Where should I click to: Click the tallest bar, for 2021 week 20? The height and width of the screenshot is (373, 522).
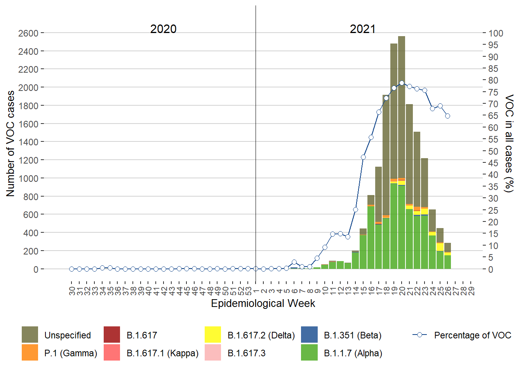click(402, 155)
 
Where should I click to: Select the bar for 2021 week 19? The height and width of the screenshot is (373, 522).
click(394, 155)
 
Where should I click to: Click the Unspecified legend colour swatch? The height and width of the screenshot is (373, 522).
click(30, 335)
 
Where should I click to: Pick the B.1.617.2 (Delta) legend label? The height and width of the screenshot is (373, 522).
click(261, 335)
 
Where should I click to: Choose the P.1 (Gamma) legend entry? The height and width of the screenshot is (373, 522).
click(71, 353)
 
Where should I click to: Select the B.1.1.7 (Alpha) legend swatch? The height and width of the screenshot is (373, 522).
click(309, 353)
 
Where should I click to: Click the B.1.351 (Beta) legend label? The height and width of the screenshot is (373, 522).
click(353, 335)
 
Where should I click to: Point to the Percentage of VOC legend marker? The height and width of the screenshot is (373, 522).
click(419, 335)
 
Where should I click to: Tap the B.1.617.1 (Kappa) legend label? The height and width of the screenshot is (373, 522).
click(162, 353)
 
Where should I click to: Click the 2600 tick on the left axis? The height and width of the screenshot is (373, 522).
click(28, 33)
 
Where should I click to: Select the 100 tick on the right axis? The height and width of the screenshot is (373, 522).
click(496, 33)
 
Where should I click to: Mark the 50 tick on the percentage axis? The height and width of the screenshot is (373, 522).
click(493, 152)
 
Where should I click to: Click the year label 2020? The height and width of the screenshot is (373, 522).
click(163, 29)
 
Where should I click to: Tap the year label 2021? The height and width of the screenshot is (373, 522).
click(362, 29)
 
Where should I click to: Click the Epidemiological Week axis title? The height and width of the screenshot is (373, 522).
click(263, 303)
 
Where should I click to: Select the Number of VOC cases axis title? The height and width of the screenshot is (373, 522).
click(10, 144)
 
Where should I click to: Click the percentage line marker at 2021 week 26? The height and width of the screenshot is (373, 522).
click(447, 116)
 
